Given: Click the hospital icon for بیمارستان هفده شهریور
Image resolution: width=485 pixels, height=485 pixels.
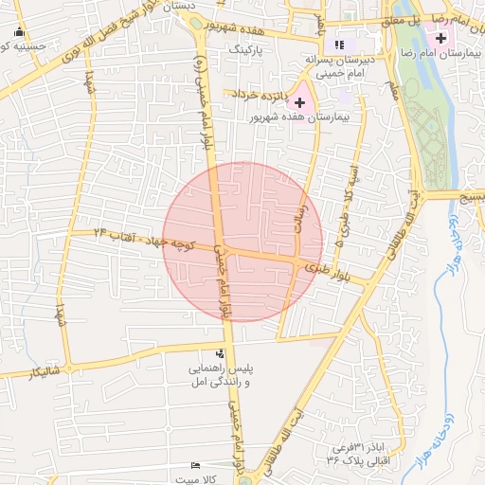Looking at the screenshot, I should (x=300, y=101).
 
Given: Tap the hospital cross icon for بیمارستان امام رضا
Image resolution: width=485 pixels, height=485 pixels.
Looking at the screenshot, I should (x=440, y=37).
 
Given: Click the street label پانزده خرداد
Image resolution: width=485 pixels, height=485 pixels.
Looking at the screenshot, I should (x=254, y=94).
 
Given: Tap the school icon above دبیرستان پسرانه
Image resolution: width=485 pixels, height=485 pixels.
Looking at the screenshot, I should (x=339, y=44).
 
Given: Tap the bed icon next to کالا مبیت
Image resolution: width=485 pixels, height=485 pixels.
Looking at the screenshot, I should (x=195, y=465).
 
